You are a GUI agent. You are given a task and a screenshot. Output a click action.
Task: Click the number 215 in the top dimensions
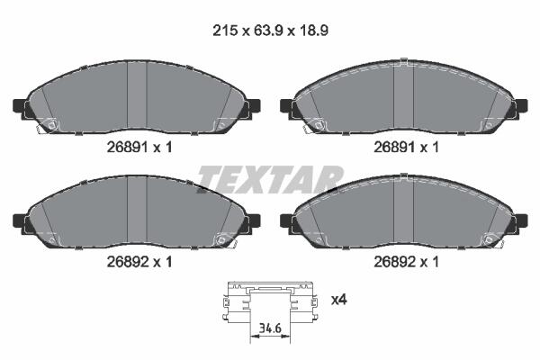coord(225,31)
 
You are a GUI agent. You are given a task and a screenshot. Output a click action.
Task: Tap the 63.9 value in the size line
coord(268,31)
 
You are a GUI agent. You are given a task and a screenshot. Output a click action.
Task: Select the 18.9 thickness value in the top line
coord(313,31)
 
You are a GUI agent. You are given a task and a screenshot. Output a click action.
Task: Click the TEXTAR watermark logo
coord(270,179)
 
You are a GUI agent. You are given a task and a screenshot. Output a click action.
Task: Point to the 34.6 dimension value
coord(270,328)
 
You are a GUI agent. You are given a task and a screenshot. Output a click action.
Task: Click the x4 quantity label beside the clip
coord(339,300)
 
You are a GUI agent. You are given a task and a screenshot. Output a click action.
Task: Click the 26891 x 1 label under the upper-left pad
coord(139,148)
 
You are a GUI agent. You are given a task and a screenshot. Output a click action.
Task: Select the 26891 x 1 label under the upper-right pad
coord(407,148)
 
